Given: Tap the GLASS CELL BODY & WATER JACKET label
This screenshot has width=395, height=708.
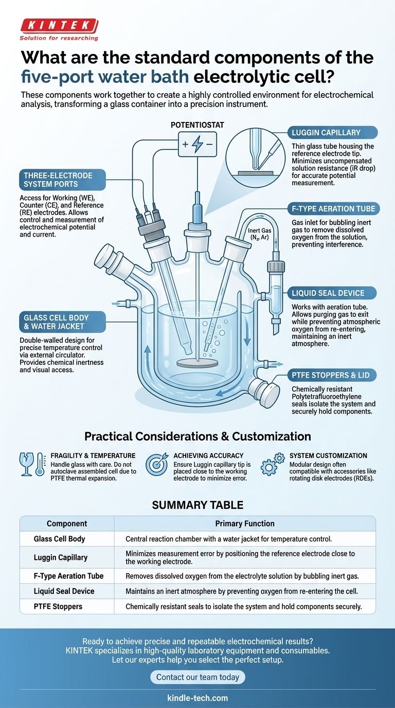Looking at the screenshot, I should coord(53,323).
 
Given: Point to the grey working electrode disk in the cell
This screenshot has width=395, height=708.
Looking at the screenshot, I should coord(197,363).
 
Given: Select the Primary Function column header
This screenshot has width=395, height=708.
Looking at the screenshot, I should coord(244,524).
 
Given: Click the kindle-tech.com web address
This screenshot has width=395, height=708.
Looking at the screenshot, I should coord(197,698).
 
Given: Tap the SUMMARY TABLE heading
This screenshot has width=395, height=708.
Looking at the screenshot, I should coord(197,505).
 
